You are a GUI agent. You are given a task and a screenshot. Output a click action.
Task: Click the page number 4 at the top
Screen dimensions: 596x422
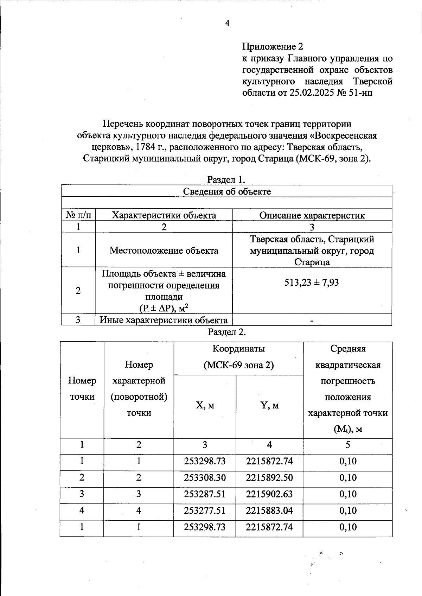point(227,23)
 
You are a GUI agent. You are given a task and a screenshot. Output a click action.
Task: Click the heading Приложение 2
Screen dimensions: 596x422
point(273,46)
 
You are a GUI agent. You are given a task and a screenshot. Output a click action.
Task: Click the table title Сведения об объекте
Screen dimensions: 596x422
point(227,191)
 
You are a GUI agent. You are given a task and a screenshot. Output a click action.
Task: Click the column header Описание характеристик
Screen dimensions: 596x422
point(312,215)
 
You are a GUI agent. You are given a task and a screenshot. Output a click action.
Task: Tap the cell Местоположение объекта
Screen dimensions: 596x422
point(164,251)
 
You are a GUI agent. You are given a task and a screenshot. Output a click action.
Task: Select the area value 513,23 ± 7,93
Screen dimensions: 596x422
point(312,283)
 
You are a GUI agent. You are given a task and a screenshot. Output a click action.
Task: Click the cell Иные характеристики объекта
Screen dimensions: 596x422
point(164,320)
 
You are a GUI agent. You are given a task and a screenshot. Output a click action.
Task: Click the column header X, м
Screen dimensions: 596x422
point(205,406)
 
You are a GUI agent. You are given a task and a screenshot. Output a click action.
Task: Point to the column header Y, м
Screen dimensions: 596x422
point(269,406)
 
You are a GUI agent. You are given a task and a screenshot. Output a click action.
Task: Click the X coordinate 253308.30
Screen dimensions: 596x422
point(205,478)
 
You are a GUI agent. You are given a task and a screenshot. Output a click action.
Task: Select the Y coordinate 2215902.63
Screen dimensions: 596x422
point(269,494)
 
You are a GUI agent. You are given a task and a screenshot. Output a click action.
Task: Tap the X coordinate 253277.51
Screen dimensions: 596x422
point(205,511)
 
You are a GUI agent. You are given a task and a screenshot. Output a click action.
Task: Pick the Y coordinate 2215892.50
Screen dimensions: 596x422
point(269,478)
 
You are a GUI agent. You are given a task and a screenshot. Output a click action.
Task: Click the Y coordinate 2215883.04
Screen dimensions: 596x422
point(269,511)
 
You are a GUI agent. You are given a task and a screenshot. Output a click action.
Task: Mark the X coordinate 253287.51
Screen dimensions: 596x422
point(205,494)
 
